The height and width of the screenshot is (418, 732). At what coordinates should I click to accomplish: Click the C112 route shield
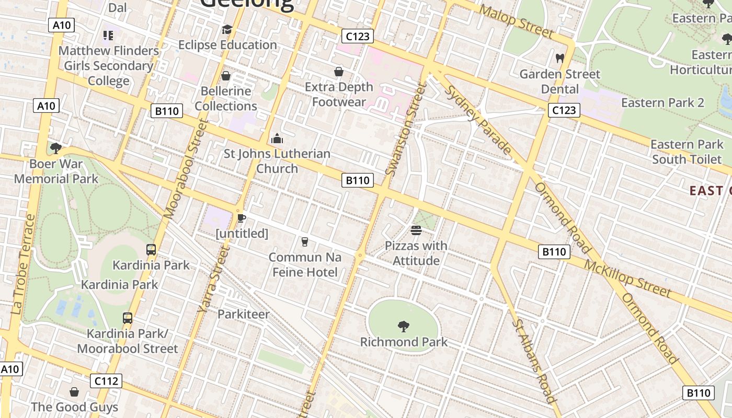click(106, 381)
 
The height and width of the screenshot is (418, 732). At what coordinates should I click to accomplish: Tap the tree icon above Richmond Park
click(403, 327)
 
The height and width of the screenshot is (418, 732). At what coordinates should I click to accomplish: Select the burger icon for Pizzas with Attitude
click(416, 230)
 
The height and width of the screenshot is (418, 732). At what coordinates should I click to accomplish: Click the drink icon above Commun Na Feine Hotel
click(305, 241)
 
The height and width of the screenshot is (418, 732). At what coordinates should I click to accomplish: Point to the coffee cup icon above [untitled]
click(241, 218)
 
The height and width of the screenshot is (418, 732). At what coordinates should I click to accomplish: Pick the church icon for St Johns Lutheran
click(277, 138)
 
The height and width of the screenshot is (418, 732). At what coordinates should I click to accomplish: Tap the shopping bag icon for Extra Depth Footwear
click(339, 72)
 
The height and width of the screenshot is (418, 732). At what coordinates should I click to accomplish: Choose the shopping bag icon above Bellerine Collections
click(226, 76)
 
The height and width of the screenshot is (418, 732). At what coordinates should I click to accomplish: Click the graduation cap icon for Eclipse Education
click(227, 30)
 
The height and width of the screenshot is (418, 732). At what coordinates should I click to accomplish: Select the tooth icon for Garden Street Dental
click(559, 59)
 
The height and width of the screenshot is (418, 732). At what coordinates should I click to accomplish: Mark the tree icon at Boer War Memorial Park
click(56, 148)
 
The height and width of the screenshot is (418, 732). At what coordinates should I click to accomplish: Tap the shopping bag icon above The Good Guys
click(74, 392)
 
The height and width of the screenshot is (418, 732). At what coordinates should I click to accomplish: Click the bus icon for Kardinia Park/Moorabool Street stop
click(127, 318)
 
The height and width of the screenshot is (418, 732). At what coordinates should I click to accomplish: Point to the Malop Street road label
click(516, 21)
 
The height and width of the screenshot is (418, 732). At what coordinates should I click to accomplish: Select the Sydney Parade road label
click(478, 120)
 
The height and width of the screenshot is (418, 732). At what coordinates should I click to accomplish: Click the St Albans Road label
click(534, 361)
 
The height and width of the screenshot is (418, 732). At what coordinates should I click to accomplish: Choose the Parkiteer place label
click(244, 314)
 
